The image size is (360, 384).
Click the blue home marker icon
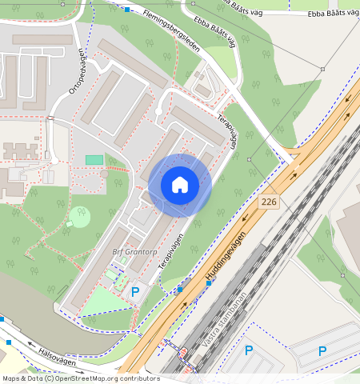coord(180,186)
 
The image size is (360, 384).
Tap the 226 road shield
coord(268,202)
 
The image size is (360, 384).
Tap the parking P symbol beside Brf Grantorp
coord(135,292)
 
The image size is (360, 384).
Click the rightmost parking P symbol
coord(322,350)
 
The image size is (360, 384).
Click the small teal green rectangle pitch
coord(94,160)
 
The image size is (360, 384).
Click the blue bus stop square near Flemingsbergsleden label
coord(128,10)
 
